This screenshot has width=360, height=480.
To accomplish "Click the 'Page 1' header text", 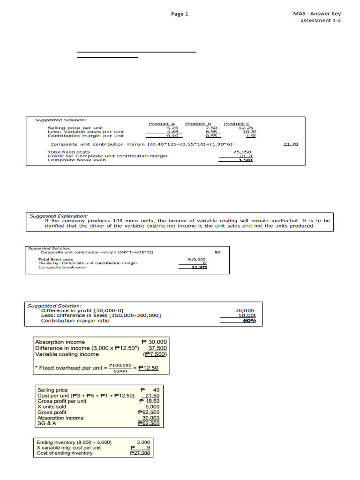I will tap(180, 14).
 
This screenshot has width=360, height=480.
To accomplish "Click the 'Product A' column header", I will tap(158, 124).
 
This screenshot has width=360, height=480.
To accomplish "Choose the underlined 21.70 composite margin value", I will tap(291, 144).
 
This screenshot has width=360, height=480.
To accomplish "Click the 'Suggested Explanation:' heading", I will tap(59, 216).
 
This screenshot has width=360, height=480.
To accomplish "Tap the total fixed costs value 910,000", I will tap(196, 259).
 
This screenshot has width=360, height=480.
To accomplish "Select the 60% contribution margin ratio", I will tap(249, 321).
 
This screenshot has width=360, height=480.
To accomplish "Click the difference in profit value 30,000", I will tap(244, 310).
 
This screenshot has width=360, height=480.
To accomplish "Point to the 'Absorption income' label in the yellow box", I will tap(60, 341).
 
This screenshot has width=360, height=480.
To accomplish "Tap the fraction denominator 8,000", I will tap(120, 371).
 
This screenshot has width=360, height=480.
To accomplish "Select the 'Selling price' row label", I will tap(52, 390).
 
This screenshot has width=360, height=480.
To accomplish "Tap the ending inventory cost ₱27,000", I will tap(140, 453).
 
